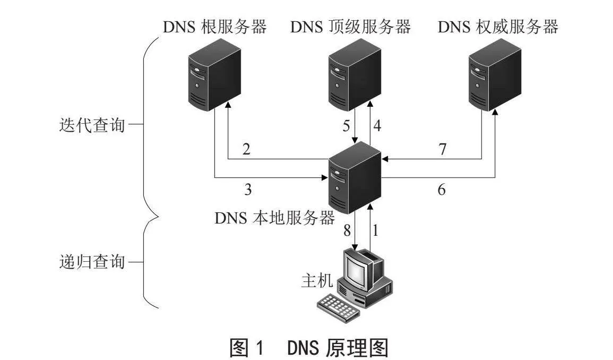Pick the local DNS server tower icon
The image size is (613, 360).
pyautogui.click(x=355, y=177)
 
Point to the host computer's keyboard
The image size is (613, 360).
pyautogui.click(x=338, y=306)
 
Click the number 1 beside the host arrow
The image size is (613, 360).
pyautogui.click(x=376, y=230)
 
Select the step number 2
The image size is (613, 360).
pyautogui.click(x=246, y=149)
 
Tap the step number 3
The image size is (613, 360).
pyautogui.click(x=248, y=190)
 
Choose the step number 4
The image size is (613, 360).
pyautogui.click(x=377, y=126)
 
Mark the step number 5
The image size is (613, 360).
pyautogui.click(x=347, y=126)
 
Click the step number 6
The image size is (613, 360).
pyautogui.click(x=442, y=190)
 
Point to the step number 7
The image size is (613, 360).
pyautogui.click(x=443, y=149)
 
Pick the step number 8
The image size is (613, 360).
pyautogui.click(x=347, y=230)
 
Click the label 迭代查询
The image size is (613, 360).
pyautogui.click(x=92, y=125)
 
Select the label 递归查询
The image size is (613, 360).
pyautogui.click(x=92, y=261)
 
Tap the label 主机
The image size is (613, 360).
pyautogui.click(x=317, y=280)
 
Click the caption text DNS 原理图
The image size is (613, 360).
pyautogui.click(x=338, y=347)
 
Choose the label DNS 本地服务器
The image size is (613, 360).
pyautogui.click(x=275, y=218)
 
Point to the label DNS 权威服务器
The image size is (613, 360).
pyautogui.click(x=498, y=27)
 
